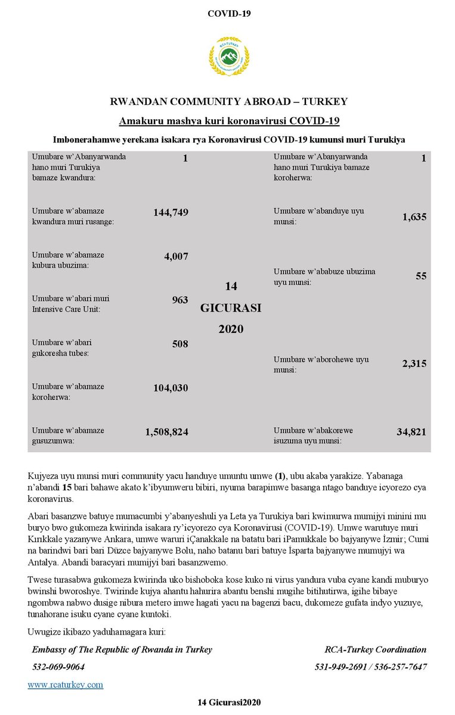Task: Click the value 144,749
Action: pos(171,213)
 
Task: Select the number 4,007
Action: pos(176,256)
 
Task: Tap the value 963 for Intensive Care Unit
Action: pos(179,300)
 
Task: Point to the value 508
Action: pos(179,344)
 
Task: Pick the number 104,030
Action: pos(171,388)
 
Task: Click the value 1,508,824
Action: pos(166,432)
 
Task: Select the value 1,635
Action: pos(414,217)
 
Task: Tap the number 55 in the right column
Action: pos(420,276)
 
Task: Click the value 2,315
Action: pos(414,363)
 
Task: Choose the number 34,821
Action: pos(411,432)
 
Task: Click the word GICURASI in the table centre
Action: pos(231,307)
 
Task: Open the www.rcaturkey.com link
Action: pos(65,685)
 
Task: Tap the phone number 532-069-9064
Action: pos(58,667)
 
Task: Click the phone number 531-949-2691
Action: pos(339,667)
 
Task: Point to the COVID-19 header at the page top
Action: pos(229,14)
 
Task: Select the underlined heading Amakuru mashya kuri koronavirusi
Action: pos(229,122)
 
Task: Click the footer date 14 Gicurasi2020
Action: pos(229,703)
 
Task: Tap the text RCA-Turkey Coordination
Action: pos(376,649)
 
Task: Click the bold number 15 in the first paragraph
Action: pos(67,487)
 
